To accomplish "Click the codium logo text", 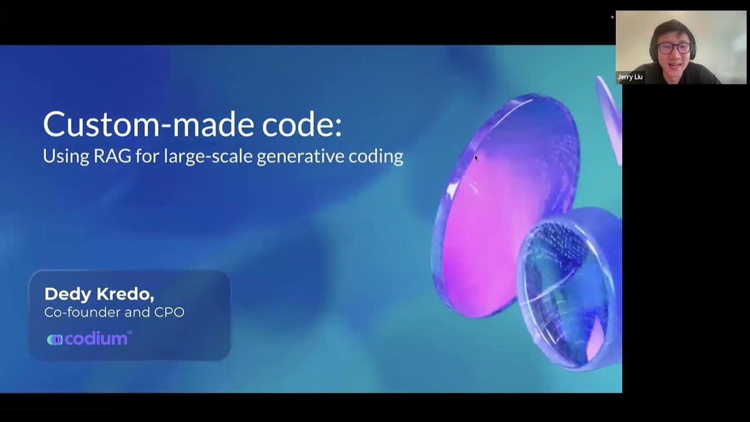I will click(x=96, y=339).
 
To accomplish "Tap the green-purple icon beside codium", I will click(x=54, y=339).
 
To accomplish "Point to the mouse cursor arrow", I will click(x=476, y=158).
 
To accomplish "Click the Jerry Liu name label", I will click(x=630, y=77).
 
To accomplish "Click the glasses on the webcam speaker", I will click(x=674, y=48).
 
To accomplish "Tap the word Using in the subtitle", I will click(x=65, y=156).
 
